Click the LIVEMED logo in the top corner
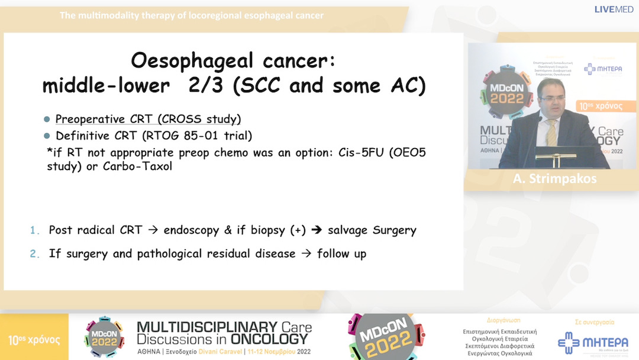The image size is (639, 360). (614, 9)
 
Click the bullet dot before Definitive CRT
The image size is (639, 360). (47, 136)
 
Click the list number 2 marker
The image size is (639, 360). (34, 254)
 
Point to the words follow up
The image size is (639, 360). (342, 254)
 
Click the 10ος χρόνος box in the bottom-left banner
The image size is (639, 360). (34, 340)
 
